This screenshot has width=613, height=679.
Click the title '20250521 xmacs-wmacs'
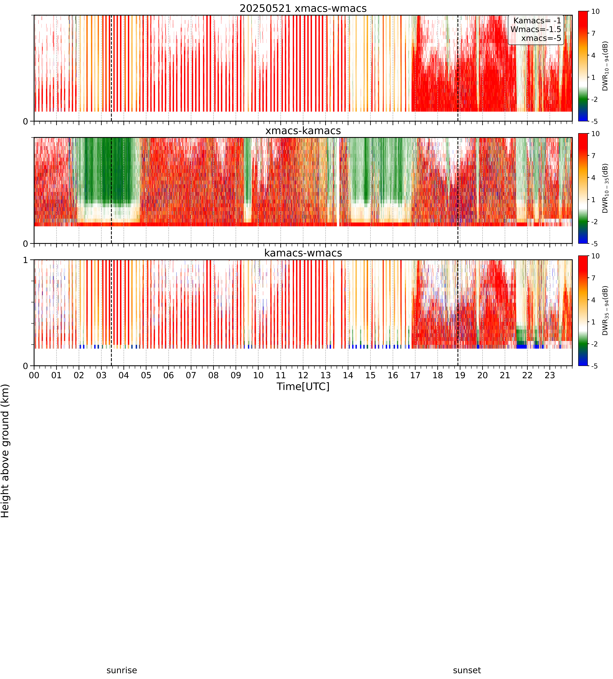pyautogui.click(x=303, y=8)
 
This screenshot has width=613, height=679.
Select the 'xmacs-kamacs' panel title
pyautogui.click(x=303, y=131)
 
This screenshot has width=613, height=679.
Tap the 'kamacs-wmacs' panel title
pyautogui.click(x=303, y=253)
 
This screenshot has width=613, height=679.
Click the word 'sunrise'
pyautogui.click(x=122, y=670)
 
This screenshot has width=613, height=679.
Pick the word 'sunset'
pyautogui.click(x=467, y=670)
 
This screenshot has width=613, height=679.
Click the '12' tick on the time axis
pyautogui.click(x=303, y=375)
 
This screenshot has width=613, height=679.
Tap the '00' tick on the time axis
pyautogui.click(x=34, y=375)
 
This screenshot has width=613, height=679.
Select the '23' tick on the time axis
pyautogui.click(x=550, y=375)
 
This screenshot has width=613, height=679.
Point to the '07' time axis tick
pyautogui.click(x=191, y=375)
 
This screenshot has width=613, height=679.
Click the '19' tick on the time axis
pyautogui.click(x=460, y=375)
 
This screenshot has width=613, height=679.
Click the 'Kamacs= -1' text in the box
pyautogui.click(x=537, y=21)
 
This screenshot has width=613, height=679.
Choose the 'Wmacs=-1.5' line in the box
pyautogui.click(x=536, y=29)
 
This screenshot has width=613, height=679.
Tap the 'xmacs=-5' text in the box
pyautogui.click(x=541, y=38)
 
